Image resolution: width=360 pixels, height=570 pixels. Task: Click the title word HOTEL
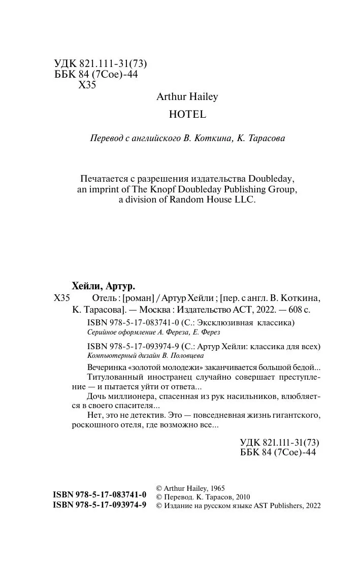(x=187, y=115)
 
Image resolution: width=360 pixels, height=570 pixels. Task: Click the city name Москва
(x=155, y=309)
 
